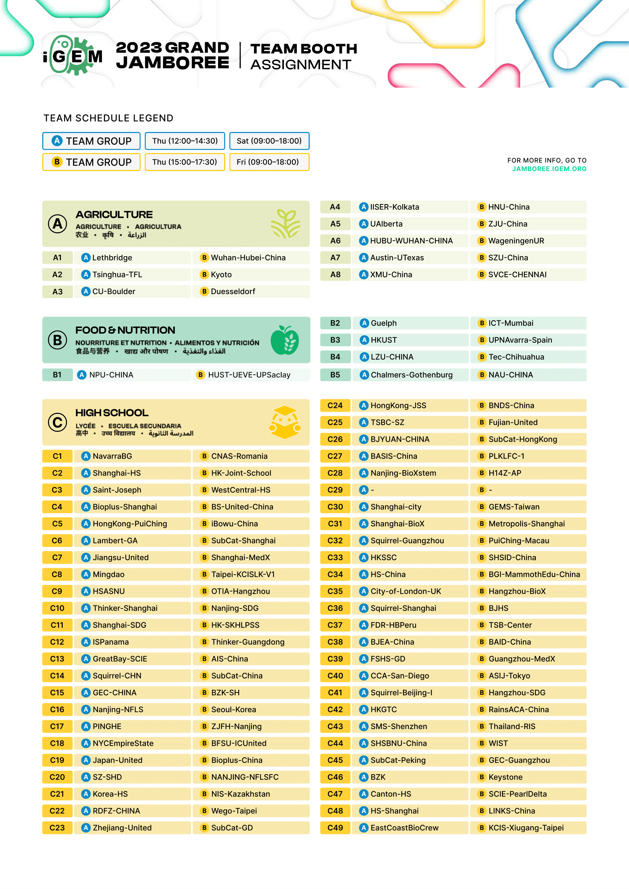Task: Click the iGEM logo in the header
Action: [72, 55]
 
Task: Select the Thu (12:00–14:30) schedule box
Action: [185, 141]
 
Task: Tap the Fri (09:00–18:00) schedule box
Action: [269, 162]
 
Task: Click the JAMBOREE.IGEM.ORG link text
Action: [549, 169]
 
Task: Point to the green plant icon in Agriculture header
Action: [286, 223]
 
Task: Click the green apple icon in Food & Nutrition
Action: [285, 340]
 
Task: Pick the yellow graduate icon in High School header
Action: [285, 422]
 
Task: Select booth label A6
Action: [335, 241]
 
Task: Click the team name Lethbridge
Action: [112, 258]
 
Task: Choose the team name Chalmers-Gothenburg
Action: [411, 375]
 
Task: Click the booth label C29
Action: [335, 490]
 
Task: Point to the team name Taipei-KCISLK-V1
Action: [243, 575]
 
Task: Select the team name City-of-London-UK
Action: [405, 592]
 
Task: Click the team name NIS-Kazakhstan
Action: [240, 794]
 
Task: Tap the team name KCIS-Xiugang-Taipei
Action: [526, 828]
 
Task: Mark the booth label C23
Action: [57, 828]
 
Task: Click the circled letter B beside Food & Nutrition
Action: [57, 340]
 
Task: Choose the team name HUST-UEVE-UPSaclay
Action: [249, 375]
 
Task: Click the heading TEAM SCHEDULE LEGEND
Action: [108, 118]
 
